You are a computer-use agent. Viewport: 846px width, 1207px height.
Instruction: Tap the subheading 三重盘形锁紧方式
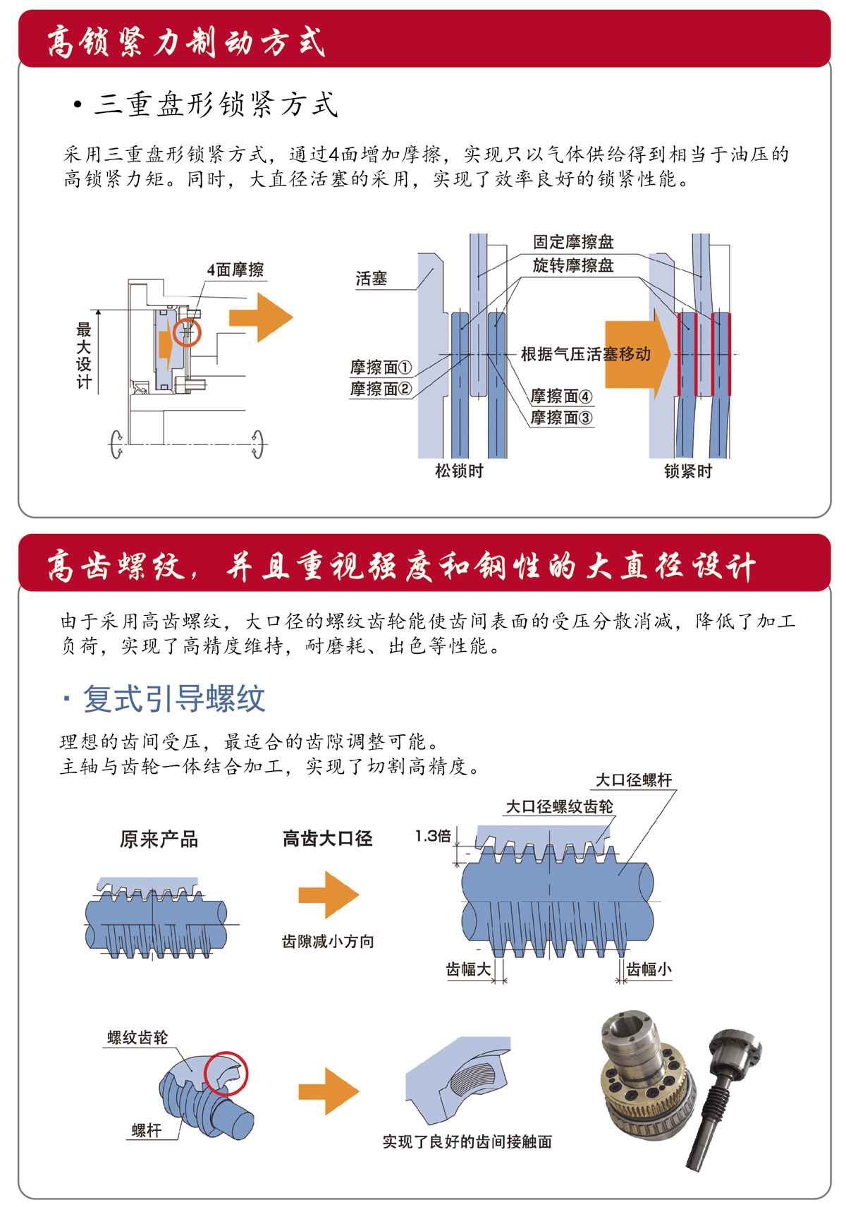(216, 105)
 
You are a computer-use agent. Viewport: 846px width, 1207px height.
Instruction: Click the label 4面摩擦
(235, 269)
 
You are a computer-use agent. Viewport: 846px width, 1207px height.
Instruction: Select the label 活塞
(372, 279)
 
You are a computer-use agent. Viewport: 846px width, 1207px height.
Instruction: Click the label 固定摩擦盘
(573, 242)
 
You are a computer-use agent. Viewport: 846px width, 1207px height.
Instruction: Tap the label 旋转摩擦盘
(573, 265)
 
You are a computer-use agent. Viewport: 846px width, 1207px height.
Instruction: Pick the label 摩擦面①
(381, 368)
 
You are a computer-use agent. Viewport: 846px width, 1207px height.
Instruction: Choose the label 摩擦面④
(561, 396)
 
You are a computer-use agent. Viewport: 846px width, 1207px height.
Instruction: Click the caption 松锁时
(459, 471)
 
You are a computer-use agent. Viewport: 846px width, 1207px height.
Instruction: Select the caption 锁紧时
(688, 471)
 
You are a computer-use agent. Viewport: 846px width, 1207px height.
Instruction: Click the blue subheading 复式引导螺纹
(173, 699)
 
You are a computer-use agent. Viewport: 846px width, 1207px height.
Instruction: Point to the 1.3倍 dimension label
(433, 837)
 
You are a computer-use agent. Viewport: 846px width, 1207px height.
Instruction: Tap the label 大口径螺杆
(634, 780)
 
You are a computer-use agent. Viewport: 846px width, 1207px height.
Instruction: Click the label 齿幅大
(468, 969)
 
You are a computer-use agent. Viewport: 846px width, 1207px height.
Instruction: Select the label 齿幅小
(649, 969)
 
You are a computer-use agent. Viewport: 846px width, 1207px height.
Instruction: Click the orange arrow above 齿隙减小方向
(329, 894)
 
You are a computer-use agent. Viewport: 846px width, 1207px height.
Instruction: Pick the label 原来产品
(159, 839)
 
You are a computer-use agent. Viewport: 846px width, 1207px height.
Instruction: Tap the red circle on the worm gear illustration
(226, 1073)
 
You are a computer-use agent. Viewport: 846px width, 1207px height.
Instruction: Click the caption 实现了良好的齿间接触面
(467, 1141)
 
